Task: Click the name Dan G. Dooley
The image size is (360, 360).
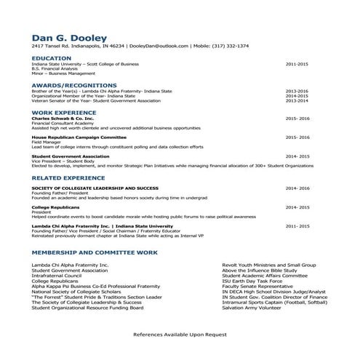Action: [70, 37]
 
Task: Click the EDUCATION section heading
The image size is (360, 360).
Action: [52, 57]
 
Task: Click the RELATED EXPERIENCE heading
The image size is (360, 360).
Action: [72, 177]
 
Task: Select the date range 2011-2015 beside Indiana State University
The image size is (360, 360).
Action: [297, 64]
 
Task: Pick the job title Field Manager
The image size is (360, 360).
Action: [46, 142]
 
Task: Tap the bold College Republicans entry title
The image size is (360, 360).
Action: [55, 207]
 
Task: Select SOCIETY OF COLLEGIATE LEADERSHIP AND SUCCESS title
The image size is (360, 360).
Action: [95, 188]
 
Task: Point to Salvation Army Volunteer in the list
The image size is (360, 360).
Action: [252, 308]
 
